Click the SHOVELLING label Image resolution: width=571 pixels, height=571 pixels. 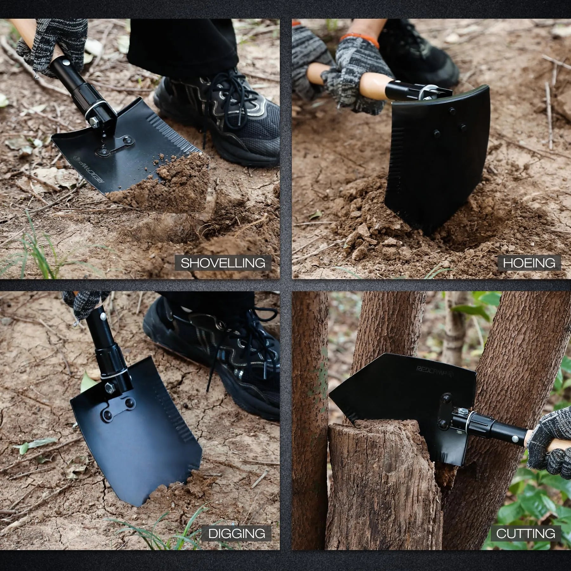point(223,263)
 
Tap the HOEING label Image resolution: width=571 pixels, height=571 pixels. point(529,263)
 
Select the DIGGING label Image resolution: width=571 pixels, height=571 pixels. point(236,534)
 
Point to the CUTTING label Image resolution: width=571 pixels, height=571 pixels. point(526,534)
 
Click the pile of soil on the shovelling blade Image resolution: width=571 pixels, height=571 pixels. point(165,187)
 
